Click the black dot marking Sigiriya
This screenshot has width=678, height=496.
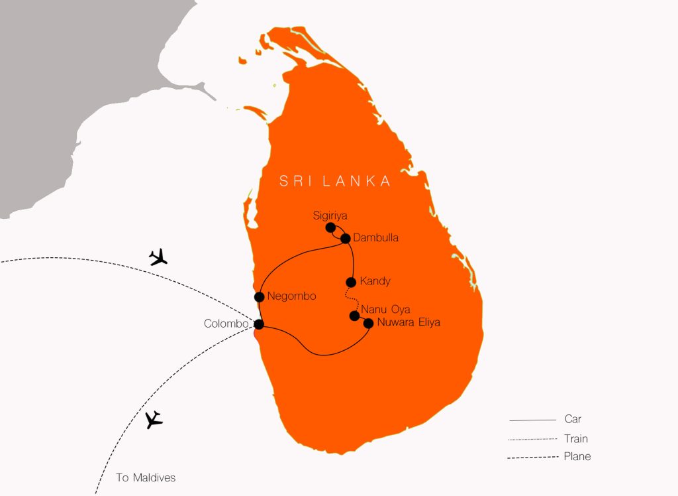pos(330,227)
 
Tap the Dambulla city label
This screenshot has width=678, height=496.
pos(376,237)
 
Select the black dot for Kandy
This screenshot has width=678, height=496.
pos(352,282)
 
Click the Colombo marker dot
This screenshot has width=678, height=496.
pos(259,324)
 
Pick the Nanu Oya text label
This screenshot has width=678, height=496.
pos(385,310)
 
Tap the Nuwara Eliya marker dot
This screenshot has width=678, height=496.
pos(369,323)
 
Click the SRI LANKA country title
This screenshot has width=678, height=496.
pos(335,181)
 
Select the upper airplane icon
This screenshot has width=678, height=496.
pos(158,257)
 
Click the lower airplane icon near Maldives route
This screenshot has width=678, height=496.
pos(154,420)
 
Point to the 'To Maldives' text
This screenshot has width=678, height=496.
pos(146,477)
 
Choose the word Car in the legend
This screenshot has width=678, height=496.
pos(573,419)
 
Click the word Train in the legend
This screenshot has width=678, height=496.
pos(576,438)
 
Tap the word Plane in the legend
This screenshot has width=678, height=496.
pos(577,456)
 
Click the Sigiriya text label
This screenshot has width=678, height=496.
pos(330,216)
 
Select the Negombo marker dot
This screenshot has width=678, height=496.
pos(259,296)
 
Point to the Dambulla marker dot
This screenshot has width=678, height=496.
pos(345,238)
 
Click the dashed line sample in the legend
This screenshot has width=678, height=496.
pos(532,458)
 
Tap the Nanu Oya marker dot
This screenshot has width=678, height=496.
pos(354,316)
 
